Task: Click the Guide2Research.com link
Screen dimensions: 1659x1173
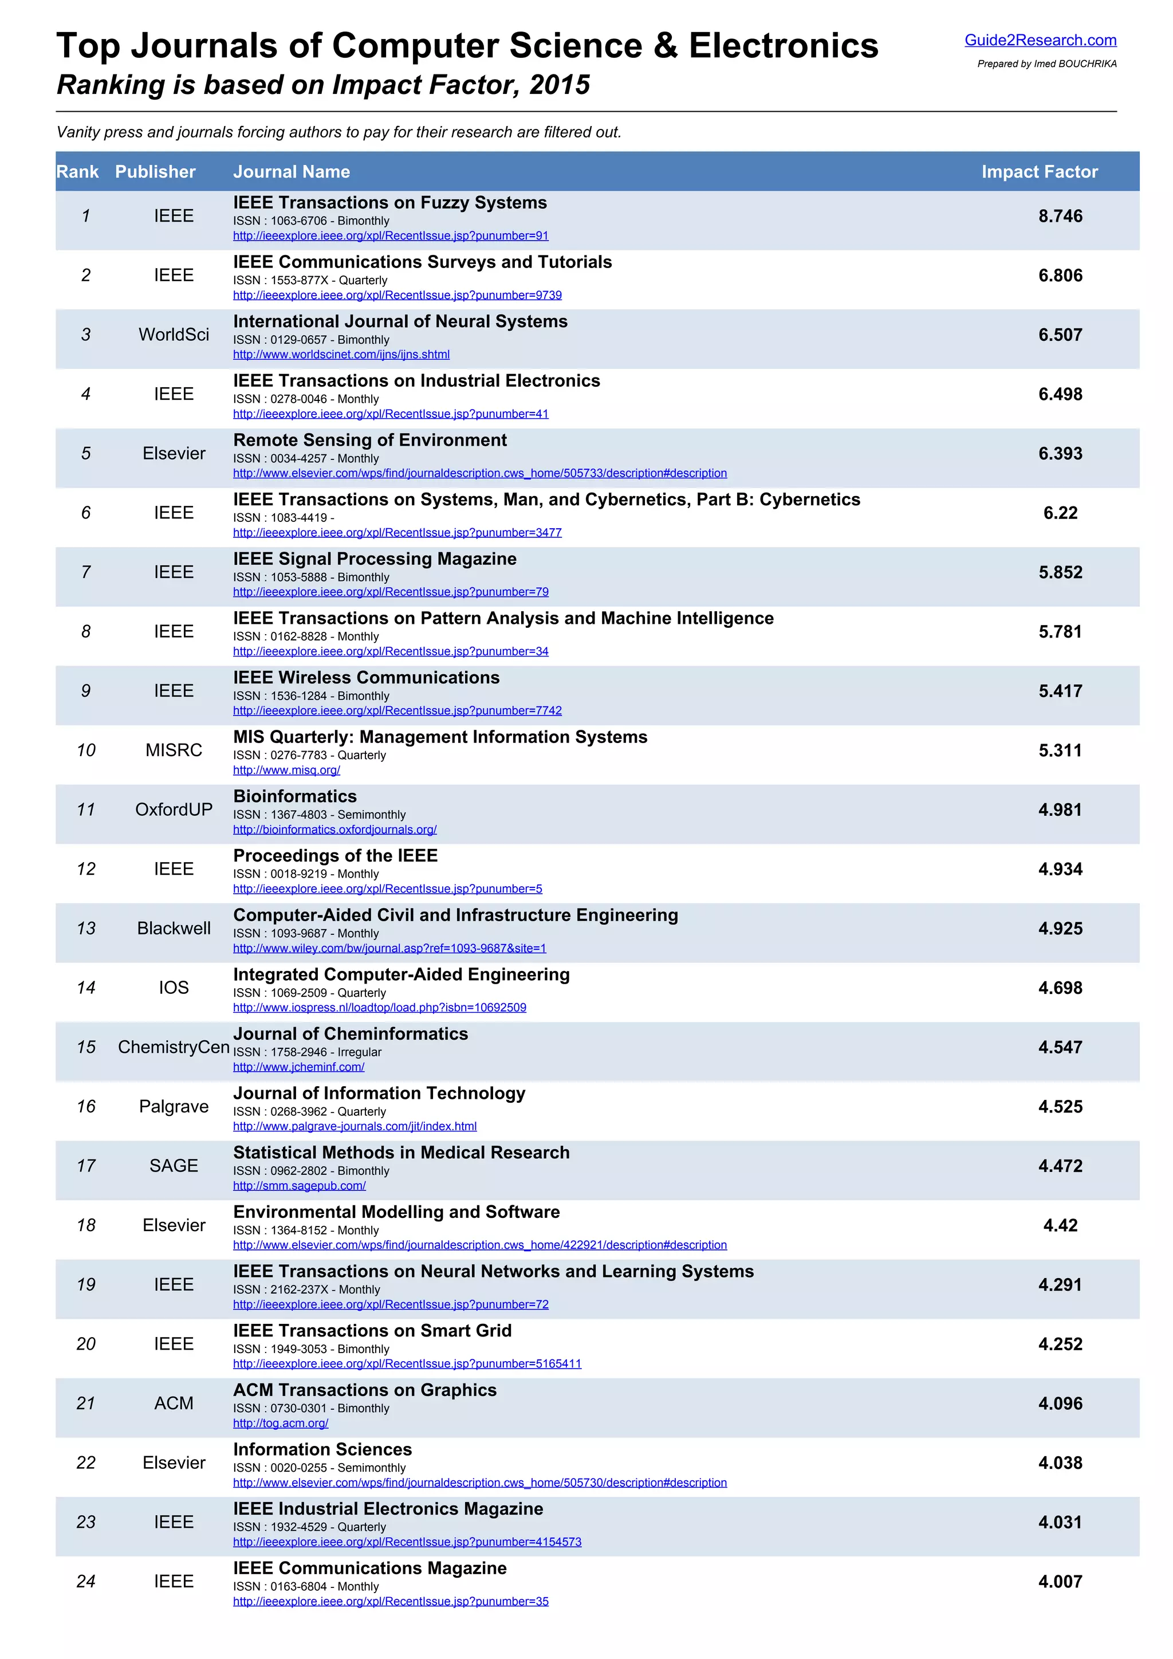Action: coord(1040,41)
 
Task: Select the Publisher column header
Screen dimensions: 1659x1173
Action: coord(155,172)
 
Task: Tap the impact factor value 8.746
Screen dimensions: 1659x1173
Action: coord(1060,216)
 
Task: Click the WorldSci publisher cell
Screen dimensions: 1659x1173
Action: coord(174,335)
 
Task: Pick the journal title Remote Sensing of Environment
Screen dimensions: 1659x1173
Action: coord(370,440)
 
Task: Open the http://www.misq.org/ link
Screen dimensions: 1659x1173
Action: coord(286,770)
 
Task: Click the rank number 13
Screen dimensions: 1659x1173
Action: coord(86,929)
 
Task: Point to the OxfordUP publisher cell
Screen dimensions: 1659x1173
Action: coord(174,810)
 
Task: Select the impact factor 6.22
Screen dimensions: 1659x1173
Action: coord(1060,513)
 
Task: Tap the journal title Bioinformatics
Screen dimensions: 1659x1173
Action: coord(295,796)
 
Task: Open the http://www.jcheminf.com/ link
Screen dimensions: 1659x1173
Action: coord(298,1067)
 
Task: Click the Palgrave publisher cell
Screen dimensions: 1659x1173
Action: coord(174,1107)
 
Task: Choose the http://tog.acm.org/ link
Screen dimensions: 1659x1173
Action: coord(280,1424)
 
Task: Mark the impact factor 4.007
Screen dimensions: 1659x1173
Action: coord(1060,1582)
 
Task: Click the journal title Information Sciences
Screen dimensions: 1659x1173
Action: coord(322,1449)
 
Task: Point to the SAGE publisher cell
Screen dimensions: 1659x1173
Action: coord(174,1166)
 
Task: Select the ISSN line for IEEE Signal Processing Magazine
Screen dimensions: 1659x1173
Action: coord(310,577)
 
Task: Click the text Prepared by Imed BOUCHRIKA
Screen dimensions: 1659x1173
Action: coord(1046,64)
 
